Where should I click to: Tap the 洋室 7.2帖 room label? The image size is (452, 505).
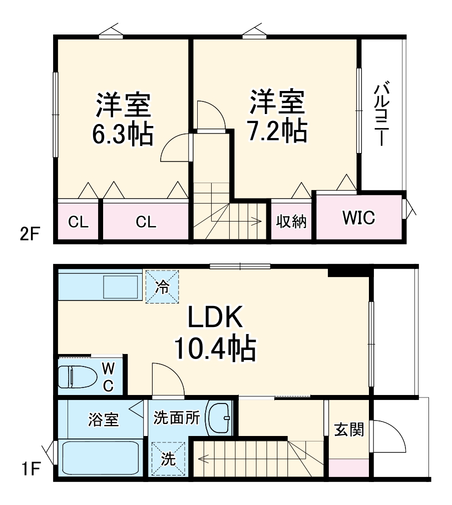[x=277, y=115]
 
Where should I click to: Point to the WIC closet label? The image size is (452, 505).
[x=359, y=218]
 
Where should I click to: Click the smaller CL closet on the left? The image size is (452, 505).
[x=78, y=221]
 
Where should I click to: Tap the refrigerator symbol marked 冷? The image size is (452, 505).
[x=162, y=286]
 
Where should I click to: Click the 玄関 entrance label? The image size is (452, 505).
[x=349, y=429]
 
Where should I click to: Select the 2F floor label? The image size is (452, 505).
[x=27, y=233]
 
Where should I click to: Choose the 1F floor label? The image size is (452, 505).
[x=29, y=470]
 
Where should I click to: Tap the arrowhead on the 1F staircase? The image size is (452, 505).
[x=201, y=457]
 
